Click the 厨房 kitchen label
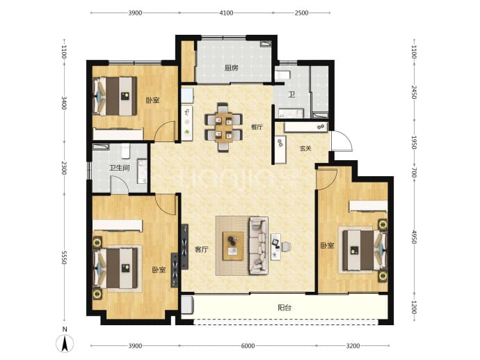(x=231, y=68)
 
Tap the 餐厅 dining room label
(x=257, y=127)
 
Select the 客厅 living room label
(x=202, y=249)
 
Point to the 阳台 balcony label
(x=285, y=307)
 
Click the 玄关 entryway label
(x=305, y=148)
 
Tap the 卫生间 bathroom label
(x=120, y=168)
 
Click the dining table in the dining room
(x=223, y=126)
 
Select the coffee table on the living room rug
(x=233, y=246)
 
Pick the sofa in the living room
(x=259, y=245)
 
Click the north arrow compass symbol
(x=65, y=343)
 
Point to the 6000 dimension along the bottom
(x=248, y=346)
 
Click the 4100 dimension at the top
(x=226, y=13)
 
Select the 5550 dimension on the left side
(x=64, y=258)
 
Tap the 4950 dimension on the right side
(x=414, y=237)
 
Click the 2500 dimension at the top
(x=301, y=13)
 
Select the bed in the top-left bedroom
(x=115, y=96)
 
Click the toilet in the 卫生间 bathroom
(x=125, y=151)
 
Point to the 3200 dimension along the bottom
(x=353, y=346)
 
